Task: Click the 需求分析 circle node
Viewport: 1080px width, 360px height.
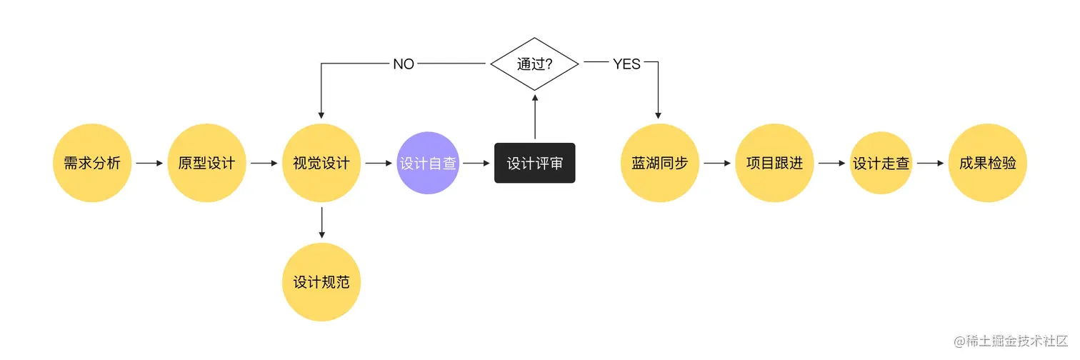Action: coord(92,163)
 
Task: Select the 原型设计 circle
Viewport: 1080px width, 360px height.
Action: coord(206,163)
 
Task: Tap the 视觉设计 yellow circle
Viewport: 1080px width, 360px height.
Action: coord(321,163)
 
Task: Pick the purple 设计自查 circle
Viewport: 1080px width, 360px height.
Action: coord(428,163)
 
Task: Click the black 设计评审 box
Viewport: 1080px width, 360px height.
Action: coord(534,164)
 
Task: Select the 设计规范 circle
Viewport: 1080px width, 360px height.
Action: coord(321,281)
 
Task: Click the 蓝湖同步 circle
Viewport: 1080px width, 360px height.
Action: coord(659,163)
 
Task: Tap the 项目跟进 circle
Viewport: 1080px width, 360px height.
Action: coord(774,163)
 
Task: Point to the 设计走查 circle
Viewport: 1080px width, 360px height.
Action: coord(881,163)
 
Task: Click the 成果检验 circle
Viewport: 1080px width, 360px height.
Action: coord(988,163)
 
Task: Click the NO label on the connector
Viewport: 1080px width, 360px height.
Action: coord(404,64)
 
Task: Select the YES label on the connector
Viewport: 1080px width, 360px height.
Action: coord(626,64)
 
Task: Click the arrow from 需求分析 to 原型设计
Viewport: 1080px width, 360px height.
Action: coord(149,163)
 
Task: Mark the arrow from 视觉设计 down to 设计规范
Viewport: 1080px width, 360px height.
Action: coord(321,223)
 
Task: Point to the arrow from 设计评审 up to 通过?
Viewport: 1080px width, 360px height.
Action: coord(535,116)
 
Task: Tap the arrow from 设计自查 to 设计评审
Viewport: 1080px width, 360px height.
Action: coord(476,163)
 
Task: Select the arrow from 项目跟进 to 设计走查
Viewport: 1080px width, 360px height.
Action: coord(831,163)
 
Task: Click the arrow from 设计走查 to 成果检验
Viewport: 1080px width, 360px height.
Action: coord(931,163)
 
